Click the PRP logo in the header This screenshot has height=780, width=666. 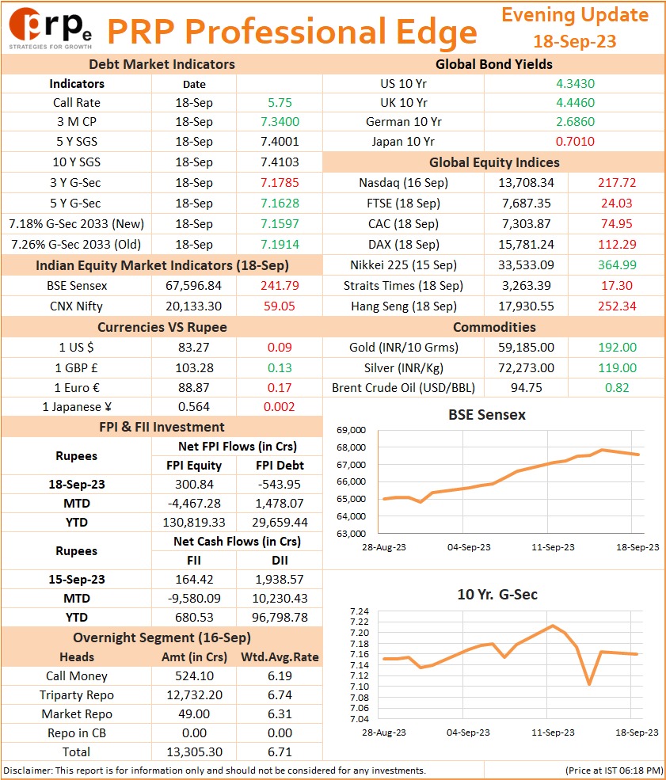50,29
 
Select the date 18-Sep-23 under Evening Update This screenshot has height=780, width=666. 574,41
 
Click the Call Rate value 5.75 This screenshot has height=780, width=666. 280,102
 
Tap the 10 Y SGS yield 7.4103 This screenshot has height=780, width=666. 280,162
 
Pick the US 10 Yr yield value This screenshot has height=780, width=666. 575,84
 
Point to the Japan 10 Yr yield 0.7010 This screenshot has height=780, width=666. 575,141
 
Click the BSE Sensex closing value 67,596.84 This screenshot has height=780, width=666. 193,286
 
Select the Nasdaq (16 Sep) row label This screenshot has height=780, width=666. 403,183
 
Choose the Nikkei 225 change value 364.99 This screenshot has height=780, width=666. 617,264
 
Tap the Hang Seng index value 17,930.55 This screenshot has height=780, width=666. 527,306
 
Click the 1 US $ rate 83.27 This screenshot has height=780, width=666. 193,347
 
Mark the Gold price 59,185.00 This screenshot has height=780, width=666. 527,347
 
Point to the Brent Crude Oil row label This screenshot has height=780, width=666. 403,387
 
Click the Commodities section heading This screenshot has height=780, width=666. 494,327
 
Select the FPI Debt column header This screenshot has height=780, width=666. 280,465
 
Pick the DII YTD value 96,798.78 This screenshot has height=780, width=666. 280,618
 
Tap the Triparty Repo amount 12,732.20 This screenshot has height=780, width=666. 194,695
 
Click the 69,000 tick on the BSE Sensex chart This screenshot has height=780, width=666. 351,430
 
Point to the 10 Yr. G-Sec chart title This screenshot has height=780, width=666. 497,595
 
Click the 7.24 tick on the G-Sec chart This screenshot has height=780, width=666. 360,611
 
